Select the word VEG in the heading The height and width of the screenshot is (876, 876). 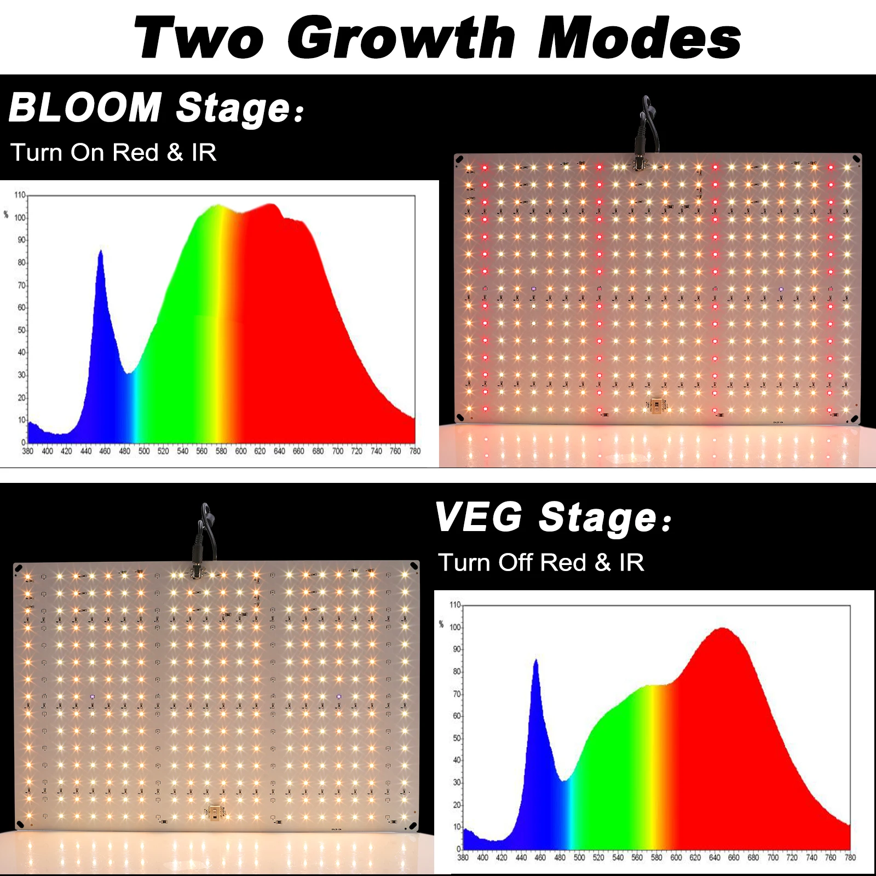[x=479, y=517]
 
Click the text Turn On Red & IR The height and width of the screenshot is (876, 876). [x=113, y=152]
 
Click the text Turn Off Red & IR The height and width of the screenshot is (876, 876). [x=541, y=562]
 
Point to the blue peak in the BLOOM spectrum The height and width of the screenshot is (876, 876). [x=100, y=253]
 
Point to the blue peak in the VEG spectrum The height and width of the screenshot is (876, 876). [x=536, y=662]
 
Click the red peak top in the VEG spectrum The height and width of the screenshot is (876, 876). [x=723, y=630]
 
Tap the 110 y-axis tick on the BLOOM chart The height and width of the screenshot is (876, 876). [x=20, y=195]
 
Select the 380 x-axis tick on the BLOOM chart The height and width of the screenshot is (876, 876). [x=27, y=451]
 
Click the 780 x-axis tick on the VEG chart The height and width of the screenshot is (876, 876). [x=850, y=857]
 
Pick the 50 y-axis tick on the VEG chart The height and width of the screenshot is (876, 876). [x=457, y=738]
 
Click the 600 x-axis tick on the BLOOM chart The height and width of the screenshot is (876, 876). [x=240, y=451]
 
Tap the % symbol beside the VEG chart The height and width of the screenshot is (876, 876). [x=441, y=624]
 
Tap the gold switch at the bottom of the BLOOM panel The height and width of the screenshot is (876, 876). [x=656, y=405]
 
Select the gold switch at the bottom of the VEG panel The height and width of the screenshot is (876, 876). [x=215, y=812]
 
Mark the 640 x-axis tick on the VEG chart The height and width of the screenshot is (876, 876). [x=714, y=857]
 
